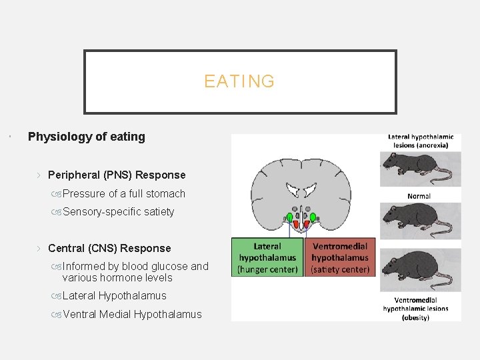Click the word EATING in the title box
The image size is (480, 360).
tap(239, 81)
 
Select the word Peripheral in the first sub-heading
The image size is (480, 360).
tap(74, 175)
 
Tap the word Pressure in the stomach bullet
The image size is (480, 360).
tap(83, 193)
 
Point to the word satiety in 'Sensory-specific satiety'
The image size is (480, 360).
tap(157, 212)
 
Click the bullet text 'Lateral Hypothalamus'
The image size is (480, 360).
tap(114, 295)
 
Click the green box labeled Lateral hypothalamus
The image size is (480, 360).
tap(267, 257)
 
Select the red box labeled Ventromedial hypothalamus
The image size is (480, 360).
tap(340, 257)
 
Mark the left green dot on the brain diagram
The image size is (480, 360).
tap(289, 217)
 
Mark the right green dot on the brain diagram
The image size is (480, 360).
tap(313, 217)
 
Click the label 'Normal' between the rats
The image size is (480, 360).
tap(419, 196)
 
